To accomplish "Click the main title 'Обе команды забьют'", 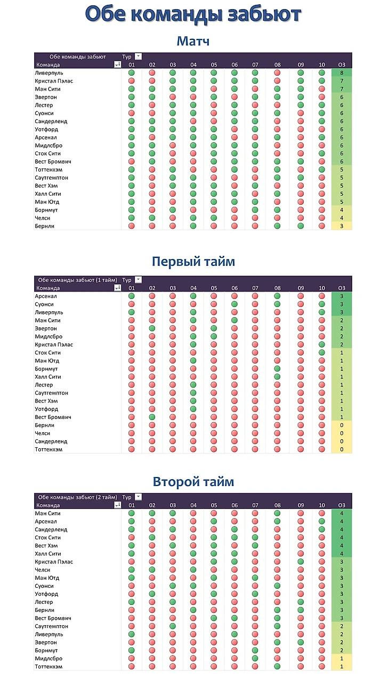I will coord(193,14).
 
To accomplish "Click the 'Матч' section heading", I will coord(193,41).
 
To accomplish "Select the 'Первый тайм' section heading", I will coord(193,262).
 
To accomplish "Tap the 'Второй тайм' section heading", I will coord(193,482).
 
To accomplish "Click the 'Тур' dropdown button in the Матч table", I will coord(139,56).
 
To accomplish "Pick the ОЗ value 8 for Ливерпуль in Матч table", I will coord(342,73).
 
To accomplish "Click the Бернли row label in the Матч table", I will coord(44,226).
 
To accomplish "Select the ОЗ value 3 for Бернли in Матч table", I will coord(342,226).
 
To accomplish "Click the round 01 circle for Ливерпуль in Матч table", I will coord(132,73).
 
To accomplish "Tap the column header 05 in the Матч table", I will coord(214,64).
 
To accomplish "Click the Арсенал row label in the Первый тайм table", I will coord(46,296).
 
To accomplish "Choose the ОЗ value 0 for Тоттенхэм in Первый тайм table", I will coord(342,449).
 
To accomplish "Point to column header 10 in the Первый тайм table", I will coord(321,288).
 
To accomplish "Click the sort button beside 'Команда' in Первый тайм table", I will coord(118,288).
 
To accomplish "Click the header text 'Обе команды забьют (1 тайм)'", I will coord(78,280).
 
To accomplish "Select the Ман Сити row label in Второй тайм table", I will coord(47,513).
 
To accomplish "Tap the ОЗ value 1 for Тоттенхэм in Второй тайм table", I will coord(342,666).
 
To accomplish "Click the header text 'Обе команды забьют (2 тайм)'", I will coord(78,497).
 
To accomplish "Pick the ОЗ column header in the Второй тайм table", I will coord(342,505).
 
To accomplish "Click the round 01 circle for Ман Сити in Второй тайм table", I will coord(132,513).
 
